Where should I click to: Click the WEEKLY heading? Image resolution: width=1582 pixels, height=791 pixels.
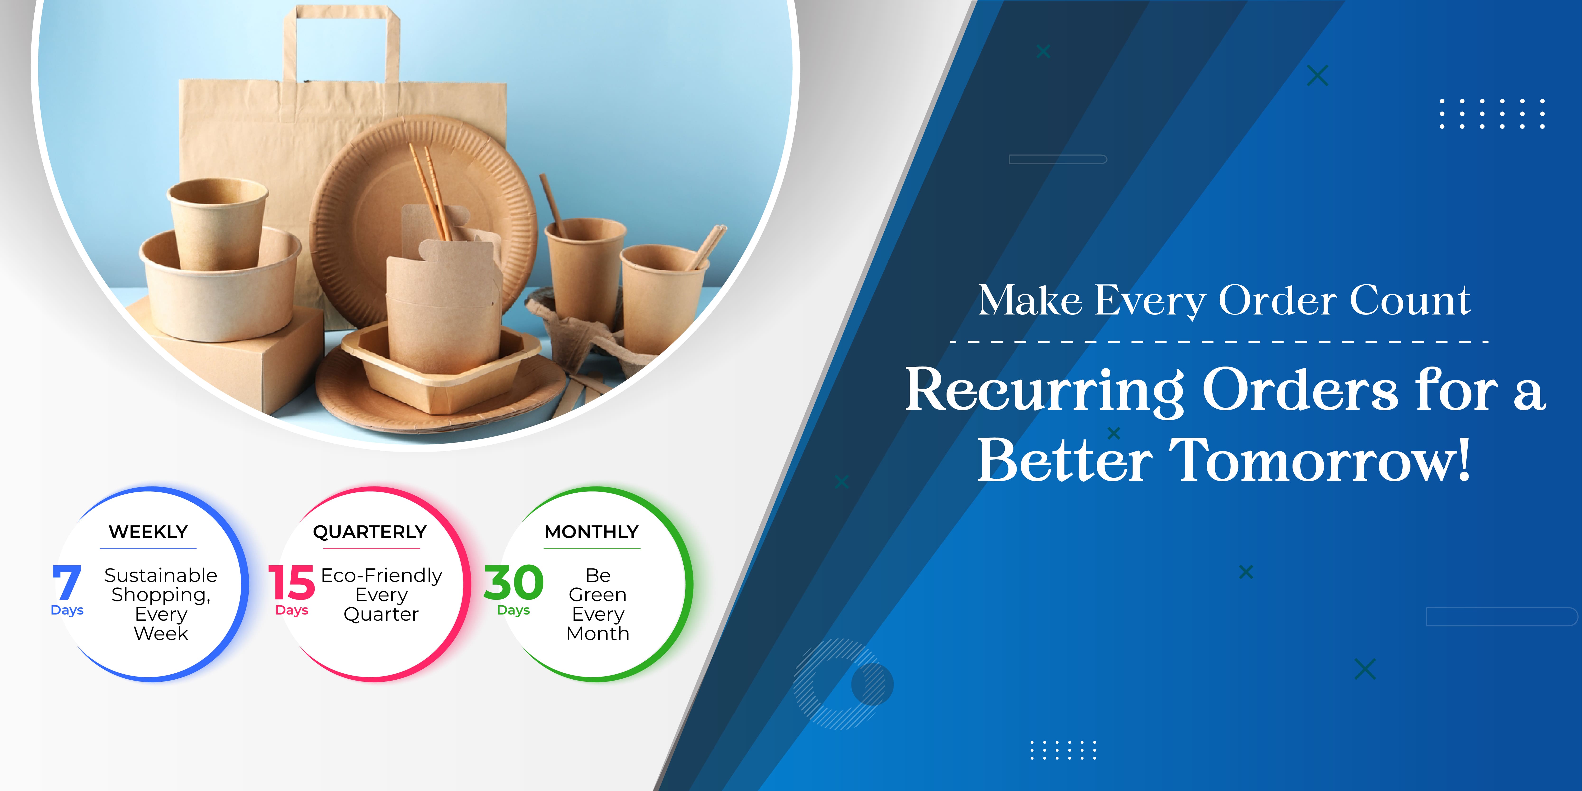point(148,532)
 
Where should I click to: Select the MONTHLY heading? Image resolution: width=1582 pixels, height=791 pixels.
point(591,532)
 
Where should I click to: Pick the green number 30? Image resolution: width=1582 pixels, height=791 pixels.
point(513,583)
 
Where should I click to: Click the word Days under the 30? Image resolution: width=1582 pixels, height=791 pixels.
point(513,610)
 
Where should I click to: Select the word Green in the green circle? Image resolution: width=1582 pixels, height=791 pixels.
point(597,595)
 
